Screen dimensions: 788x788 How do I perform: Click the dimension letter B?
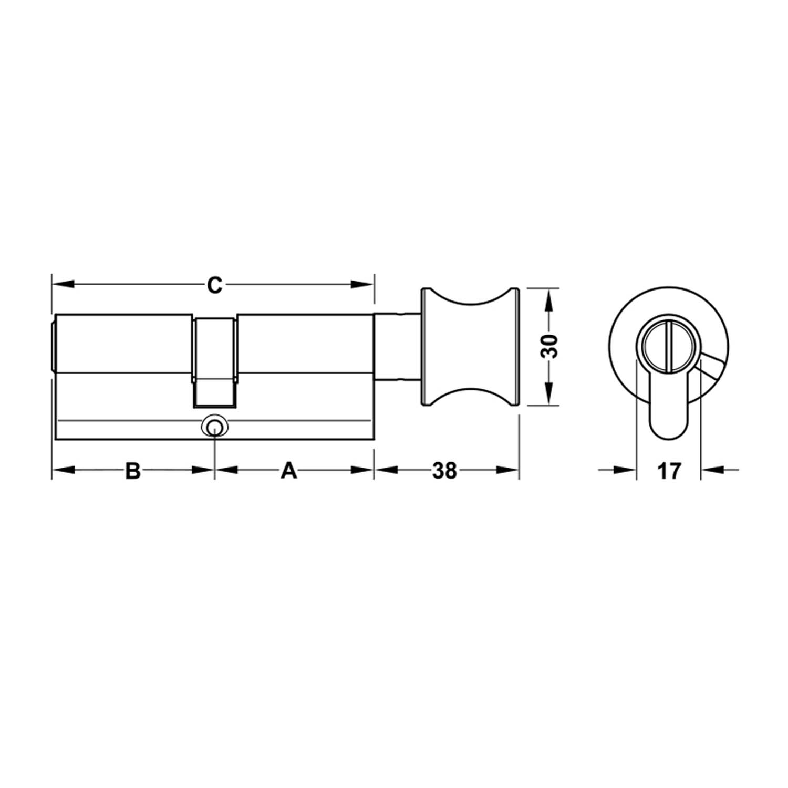click(133, 470)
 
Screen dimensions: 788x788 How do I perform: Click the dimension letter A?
click(289, 470)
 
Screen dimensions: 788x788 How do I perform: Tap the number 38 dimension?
click(444, 470)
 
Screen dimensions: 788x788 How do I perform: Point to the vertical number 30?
click(550, 346)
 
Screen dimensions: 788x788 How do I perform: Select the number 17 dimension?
click(669, 470)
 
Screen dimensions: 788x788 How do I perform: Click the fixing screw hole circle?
click(214, 428)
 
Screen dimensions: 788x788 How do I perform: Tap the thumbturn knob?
click(470, 347)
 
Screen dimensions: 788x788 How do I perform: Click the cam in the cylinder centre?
click(214, 361)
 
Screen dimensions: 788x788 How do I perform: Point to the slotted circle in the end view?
click(668, 347)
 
